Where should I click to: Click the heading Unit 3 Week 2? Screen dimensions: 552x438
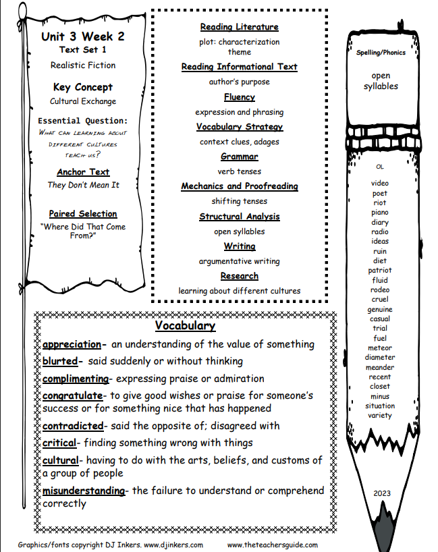coord(83,36)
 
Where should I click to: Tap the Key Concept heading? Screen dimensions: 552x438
coord(83,87)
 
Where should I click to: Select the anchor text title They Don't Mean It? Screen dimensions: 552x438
coord(83,185)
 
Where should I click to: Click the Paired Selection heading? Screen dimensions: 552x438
coord(83,214)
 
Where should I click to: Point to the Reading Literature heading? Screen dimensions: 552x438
coord(239,27)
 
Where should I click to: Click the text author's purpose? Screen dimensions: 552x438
coord(239,82)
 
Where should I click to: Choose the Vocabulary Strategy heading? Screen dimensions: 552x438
coord(239,127)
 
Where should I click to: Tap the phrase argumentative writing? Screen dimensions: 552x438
coord(239,261)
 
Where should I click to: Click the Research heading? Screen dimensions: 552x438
coord(239,276)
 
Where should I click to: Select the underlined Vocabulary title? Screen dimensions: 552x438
coord(185,327)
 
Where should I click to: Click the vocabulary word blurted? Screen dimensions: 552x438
coord(60,361)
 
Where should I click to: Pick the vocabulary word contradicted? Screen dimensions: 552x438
coord(73,426)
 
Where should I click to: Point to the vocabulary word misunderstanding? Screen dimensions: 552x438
coord(84,491)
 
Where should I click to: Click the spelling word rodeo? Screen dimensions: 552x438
coord(380,290)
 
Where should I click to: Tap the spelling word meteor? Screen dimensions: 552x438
coord(380,348)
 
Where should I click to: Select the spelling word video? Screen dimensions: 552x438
coord(380,183)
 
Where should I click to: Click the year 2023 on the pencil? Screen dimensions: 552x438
coord(382,493)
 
